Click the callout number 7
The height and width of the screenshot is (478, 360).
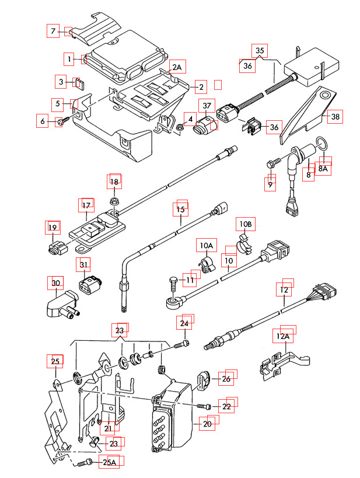click(53, 30)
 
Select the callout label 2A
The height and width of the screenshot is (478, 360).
click(177, 67)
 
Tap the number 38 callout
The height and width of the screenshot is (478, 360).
click(335, 117)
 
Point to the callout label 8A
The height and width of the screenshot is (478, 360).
click(323, 168)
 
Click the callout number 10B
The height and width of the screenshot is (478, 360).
click(245, 224)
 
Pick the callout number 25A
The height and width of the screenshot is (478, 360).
click(110, 463)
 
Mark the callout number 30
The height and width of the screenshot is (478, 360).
click(55, 283)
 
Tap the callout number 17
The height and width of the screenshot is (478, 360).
click(86, 205)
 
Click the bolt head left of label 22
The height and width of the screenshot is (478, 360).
click(204, 406)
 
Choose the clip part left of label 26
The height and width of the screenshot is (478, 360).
click(204, 379)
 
